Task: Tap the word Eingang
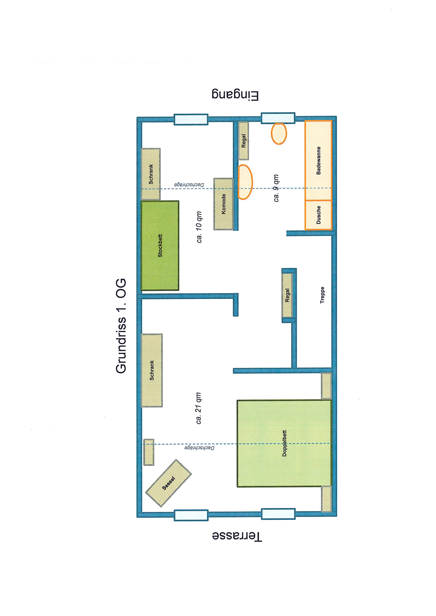click(235, 96)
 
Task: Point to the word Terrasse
click(237, 536)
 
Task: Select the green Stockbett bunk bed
click(160, 246)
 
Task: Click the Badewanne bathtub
click(318, 160)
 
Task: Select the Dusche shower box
click(318, 215)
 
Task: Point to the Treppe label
click(322, 295)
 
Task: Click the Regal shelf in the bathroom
click(243, 141)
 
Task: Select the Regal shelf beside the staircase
click(287, 295)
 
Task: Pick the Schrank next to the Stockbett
click(151, 174)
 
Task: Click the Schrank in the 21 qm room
click(152, 370)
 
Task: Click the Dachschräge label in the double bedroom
click(200, 448)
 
